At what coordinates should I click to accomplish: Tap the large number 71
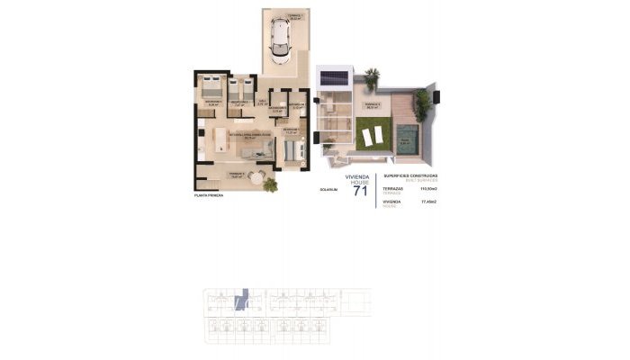click(361, 190)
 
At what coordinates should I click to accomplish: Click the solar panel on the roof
click(333, 76)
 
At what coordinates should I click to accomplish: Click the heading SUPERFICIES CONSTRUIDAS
click(410, 175)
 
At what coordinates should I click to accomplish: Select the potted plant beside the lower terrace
click(270, 184)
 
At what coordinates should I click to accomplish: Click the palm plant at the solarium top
click(372, 73)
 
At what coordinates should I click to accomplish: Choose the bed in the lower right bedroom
click(294, 148)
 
